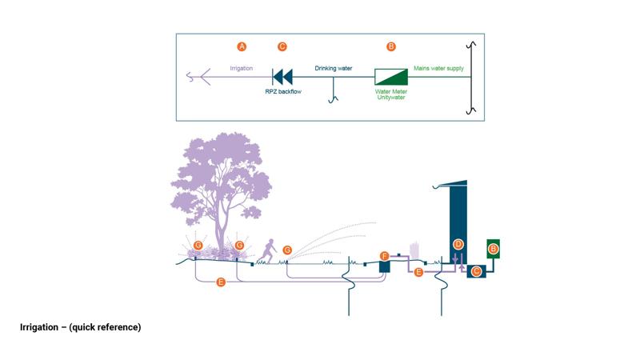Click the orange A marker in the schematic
click(242, 47)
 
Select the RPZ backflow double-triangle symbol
click(282, 77)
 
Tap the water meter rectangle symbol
click(391, 77)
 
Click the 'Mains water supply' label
click(438, 69)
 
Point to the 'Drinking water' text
click(333, 69)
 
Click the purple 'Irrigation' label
click(241, 69)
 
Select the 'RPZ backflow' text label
click(283, 92)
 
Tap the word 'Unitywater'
click(392, 98)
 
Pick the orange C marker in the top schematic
click(282, 47)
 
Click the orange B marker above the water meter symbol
click(391, 47)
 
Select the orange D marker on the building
click(458, 243)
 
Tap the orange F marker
click(384, 256)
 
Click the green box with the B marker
click(494, 250)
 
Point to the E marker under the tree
click(222, 282)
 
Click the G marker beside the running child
click(287, 250)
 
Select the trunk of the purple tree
click(219, 228)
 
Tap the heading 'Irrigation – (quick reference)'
click(80, 327)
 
